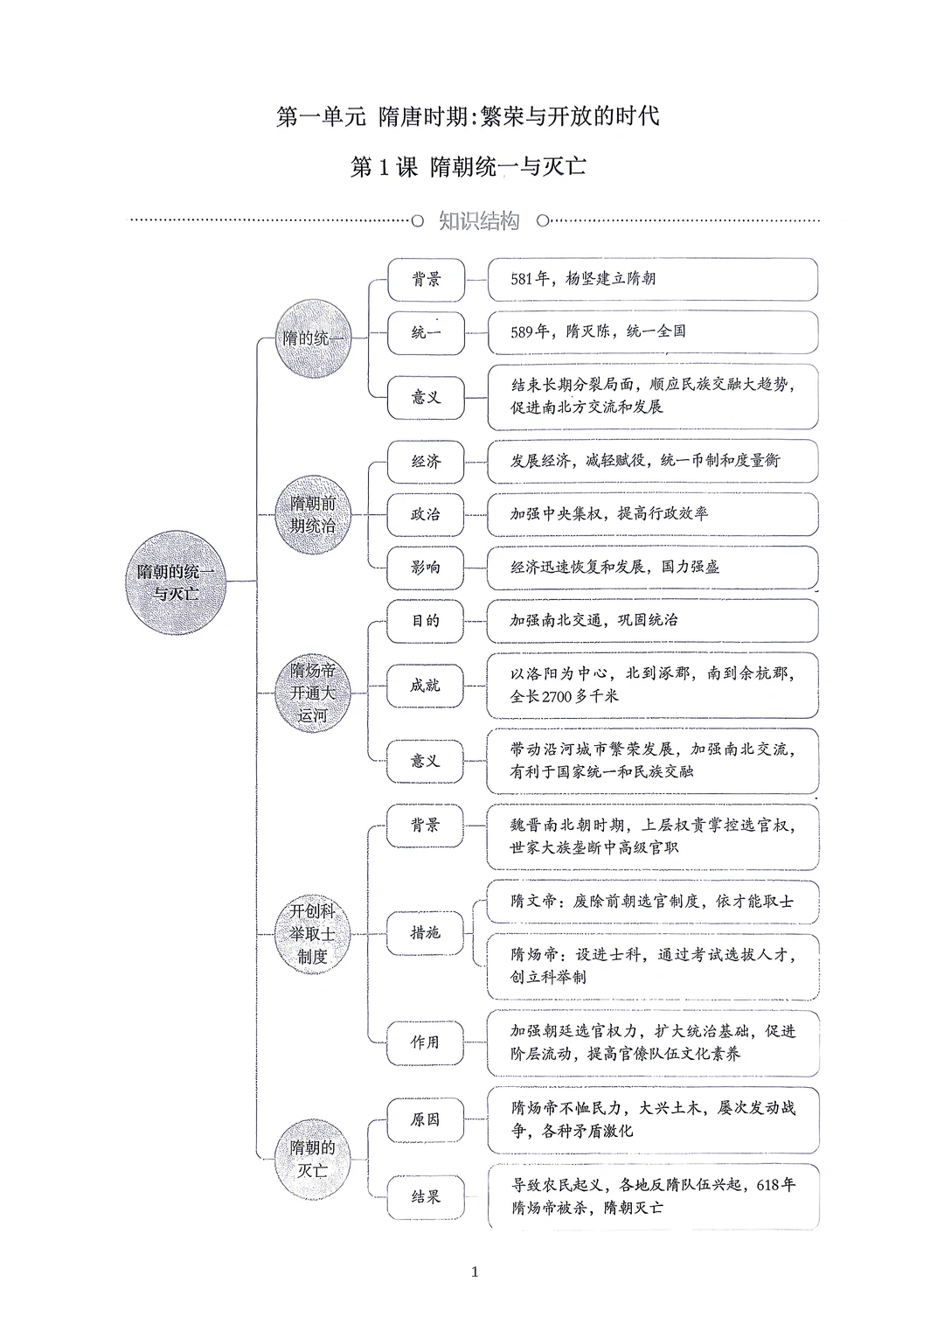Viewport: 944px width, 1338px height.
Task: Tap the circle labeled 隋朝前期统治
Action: click(x=313, y=515)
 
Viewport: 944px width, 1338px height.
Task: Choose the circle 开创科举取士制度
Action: click(x=312, y=934)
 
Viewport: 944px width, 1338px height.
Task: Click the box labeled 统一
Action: click(x=426, y=332)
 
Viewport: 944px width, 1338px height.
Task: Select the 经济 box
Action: click(x=426, y=461)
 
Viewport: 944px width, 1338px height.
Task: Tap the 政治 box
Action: click(x=426, y=514)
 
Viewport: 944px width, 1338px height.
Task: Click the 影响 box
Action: click(x=426, y=568)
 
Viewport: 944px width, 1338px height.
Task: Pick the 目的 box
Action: click(x=426, y=621)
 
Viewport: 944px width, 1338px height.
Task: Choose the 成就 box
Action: click(x=426, y=686)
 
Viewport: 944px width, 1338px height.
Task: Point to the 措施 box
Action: click(x=426, y=933)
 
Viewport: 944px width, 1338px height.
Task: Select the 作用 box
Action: click(x=426, y=1042)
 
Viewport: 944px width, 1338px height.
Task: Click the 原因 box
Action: click(x=426, y=1119)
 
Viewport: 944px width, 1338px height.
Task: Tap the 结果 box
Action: click(x=426, y=1196)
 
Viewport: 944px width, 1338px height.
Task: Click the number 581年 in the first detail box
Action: click(x=530, y=279)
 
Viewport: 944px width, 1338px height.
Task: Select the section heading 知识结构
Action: click(x=478, y=221)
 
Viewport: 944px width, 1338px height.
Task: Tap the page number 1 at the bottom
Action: click(x=475, y=1272)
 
